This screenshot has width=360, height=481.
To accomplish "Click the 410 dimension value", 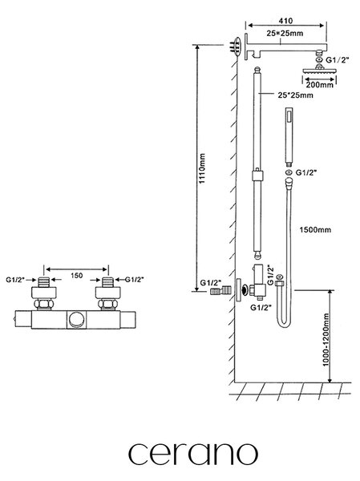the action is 285,21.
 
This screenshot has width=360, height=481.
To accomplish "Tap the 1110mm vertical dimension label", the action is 202,168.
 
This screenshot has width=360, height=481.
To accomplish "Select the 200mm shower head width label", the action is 319,85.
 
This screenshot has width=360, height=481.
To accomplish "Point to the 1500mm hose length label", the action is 315,230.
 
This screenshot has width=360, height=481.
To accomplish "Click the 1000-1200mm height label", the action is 326,339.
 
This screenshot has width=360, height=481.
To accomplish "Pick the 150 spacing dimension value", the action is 76,276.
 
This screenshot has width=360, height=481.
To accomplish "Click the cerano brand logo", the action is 192,454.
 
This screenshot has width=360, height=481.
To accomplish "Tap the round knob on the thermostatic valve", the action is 75,320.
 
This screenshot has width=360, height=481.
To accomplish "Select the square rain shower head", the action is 319,71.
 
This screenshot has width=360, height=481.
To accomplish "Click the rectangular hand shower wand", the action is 289,136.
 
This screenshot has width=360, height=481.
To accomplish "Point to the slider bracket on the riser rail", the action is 258,175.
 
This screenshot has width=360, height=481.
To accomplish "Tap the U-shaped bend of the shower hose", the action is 284,322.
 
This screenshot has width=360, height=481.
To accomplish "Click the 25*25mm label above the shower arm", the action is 285,33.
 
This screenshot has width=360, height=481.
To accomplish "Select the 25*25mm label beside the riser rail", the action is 296,95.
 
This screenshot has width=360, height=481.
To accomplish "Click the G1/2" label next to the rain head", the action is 338,60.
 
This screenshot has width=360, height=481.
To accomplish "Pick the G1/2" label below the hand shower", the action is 306,172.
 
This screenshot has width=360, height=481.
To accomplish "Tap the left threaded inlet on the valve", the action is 43,281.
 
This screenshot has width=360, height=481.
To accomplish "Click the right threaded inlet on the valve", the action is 107,281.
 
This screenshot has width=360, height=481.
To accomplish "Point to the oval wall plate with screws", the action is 237,46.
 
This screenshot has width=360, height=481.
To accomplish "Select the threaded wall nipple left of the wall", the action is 220,290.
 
